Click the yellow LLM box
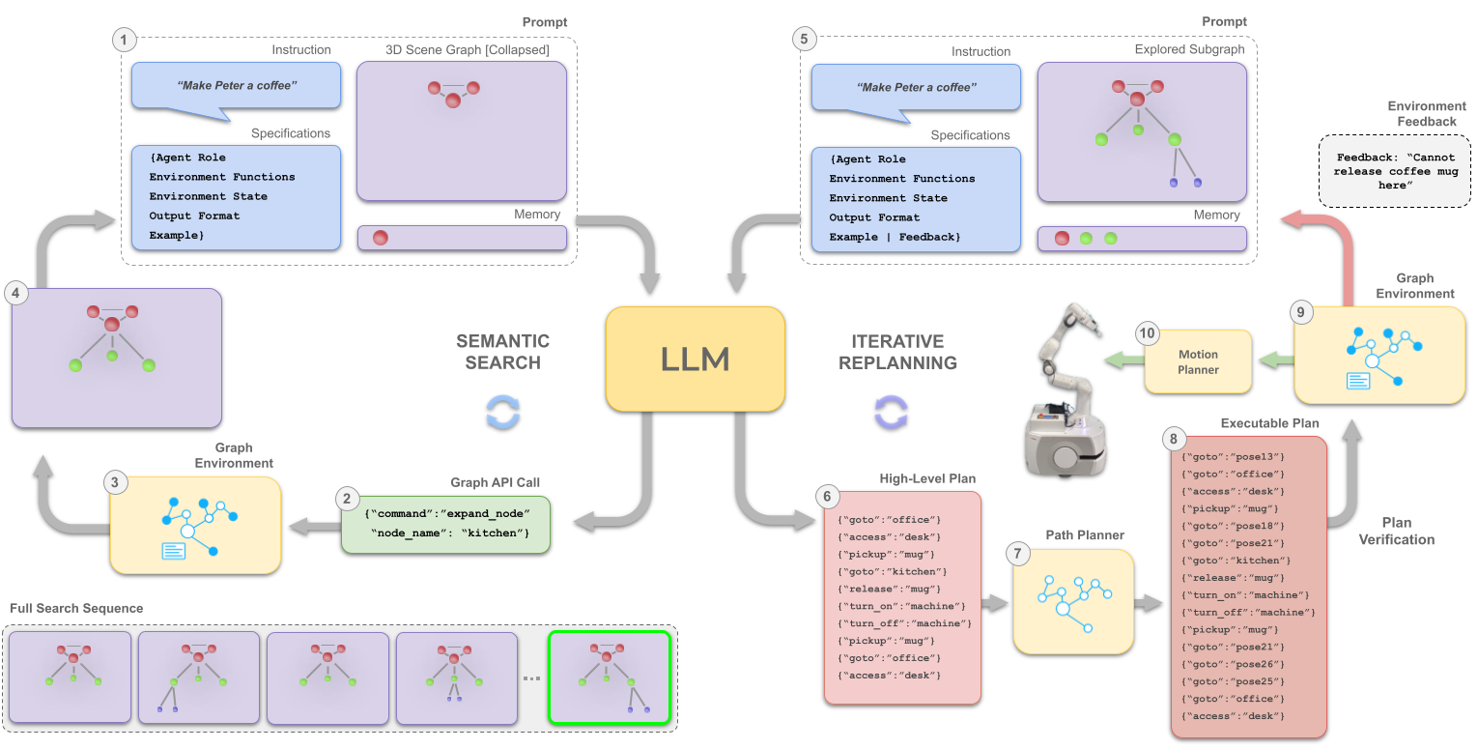point(695,359)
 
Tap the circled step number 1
point(124,40)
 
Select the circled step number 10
point(1147,333)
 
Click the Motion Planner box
point(1198,362)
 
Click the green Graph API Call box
point(445,525)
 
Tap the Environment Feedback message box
point(1394,171)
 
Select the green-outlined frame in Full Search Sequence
point(609,677)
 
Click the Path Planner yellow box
point(1072,601)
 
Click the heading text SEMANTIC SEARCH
point(502,352)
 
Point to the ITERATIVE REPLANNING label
point(897,352)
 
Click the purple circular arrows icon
point(891,411)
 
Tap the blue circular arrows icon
point(502,411)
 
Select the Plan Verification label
point(1396,531)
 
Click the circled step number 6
point(825,496)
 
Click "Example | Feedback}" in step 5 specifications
point(895,237)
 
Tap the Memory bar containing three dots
point(1141,239)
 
